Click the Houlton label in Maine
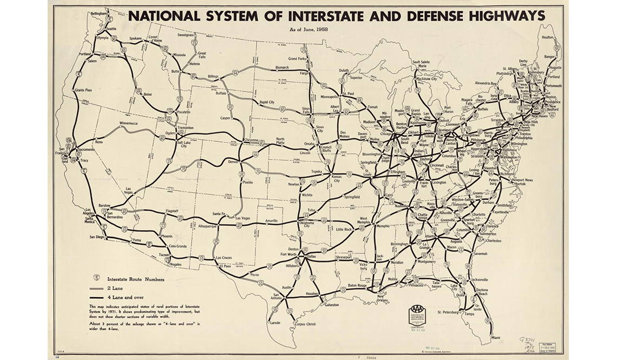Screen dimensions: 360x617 548,37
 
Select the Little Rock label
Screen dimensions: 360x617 344,229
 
